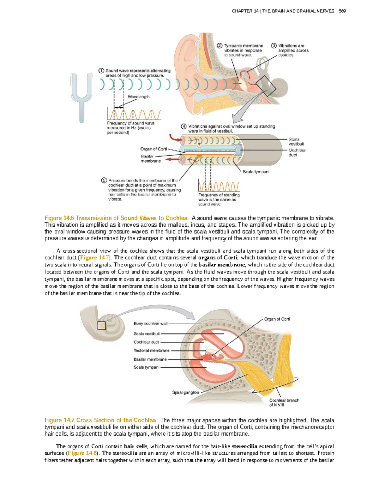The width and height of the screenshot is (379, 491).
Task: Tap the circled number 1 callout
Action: pyautogui.click(x=101, y=71)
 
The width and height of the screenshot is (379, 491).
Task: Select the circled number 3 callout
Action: pyautogui.click(x=274, y=46)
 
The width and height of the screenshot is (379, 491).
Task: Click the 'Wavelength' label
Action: pyautogui.click(x=138, y=97)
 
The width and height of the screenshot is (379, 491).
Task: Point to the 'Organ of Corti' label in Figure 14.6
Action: pyautogui.click(x=153, y=149)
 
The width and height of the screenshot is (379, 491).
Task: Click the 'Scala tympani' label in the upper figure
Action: pyautogui.click(x=256, y=172)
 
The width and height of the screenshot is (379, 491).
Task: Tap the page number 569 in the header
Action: pyautogui.click(x=342, y=11)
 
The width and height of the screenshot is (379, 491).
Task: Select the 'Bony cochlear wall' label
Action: pyautogui.click(x=150, y=323)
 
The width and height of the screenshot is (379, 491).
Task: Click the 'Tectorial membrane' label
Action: pyautogui.click(x=151, y=351)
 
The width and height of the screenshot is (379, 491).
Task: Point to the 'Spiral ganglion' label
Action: pyautogui.click(x=185, y=393)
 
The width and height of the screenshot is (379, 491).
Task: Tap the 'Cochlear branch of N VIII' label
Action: pyautogui.click(x=284, y=402)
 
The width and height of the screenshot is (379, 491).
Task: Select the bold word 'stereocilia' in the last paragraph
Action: pyautogui.click(x=244, y=446)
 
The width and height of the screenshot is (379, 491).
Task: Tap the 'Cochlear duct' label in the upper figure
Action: pyautogui.click(x=297, y=153)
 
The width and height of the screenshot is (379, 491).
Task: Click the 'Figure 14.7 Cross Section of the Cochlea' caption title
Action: pyautogui.click(x=100, y=420)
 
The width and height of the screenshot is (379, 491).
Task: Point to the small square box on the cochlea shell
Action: pyautogui.click(x=101, y=325)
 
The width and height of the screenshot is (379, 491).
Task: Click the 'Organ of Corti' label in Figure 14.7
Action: pyautogui.click(x=277, y=319)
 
